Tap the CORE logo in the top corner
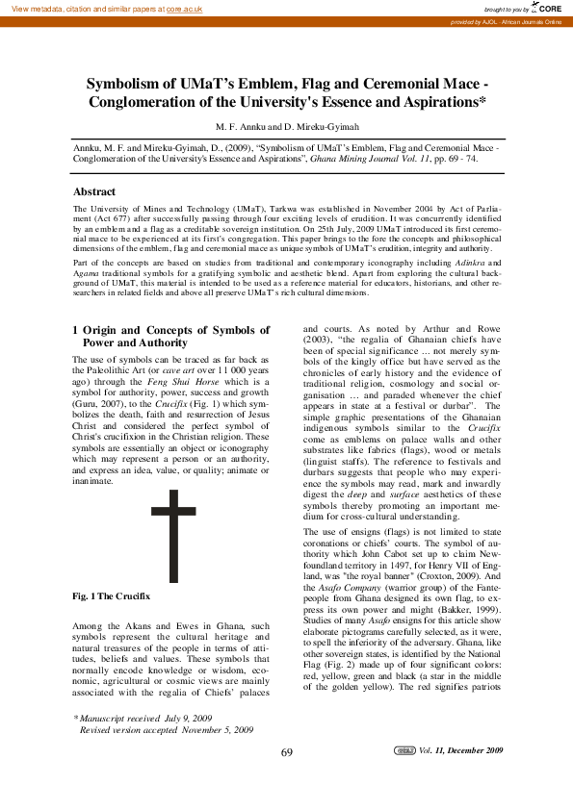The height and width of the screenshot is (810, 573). (x=547, y=8)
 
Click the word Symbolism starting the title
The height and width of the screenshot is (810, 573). (x=126, y=83)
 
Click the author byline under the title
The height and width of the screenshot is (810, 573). (x=286, y=126)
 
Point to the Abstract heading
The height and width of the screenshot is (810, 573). (x=94, y=191)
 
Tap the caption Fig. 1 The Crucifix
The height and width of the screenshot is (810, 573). (x=112, y=597)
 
